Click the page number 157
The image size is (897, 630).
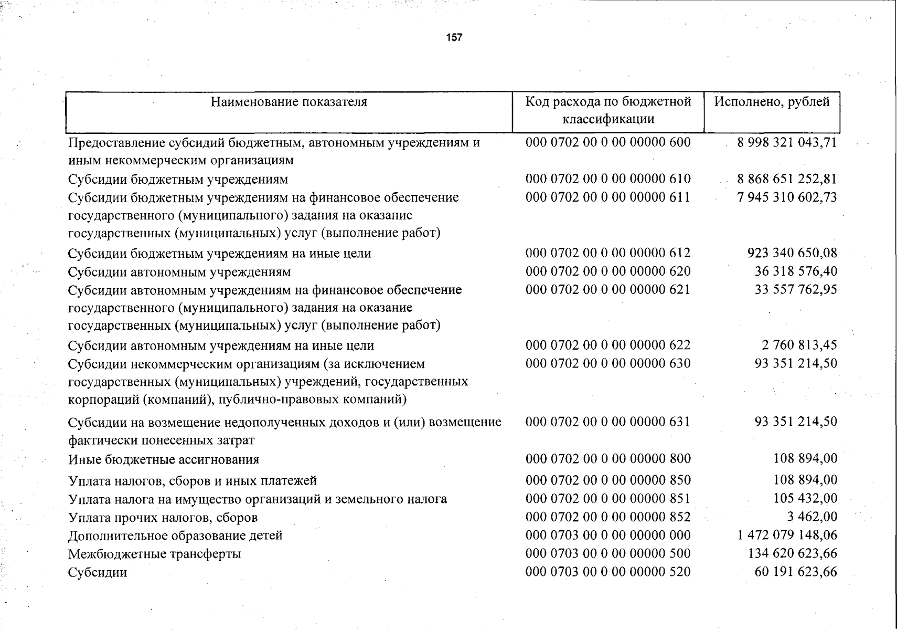(454, 37)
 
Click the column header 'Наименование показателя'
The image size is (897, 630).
(289, 102)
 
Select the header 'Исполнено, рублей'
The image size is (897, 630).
(772, 102)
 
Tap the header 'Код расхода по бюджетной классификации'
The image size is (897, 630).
(608, 110)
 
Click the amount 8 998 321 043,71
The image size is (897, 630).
(786, 143)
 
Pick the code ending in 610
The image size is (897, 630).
(608, 179)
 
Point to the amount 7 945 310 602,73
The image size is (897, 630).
(786, 197)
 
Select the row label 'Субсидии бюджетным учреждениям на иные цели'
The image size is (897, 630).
(220, 254)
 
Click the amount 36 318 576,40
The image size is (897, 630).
(796, 271)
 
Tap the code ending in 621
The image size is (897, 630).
(608, 290)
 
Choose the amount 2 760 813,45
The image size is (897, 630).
(799, 345)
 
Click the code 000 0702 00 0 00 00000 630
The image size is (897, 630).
(608, 363)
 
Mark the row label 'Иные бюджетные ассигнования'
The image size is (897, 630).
(164, 460)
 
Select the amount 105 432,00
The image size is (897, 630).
(805, 498)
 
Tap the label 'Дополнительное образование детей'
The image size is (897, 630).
(175, 535)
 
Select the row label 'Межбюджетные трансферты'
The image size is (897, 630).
(155, 554)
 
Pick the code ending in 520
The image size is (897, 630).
(608, 572)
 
